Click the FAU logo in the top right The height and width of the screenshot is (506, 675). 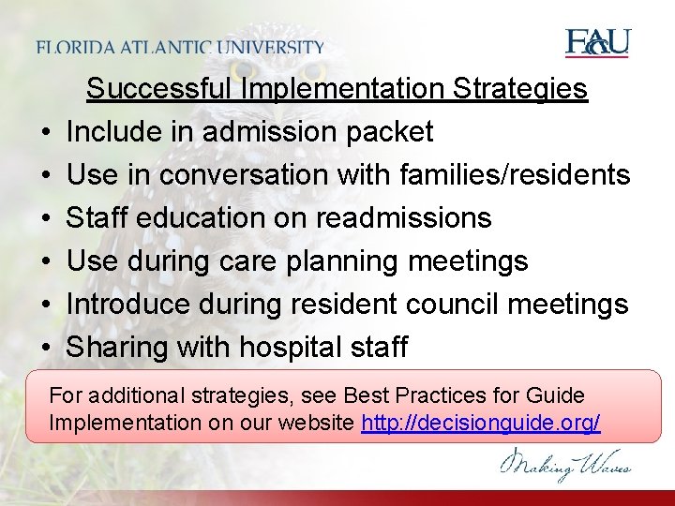(x=597, y=43)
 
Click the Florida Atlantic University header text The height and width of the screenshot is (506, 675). (x=181, y=48)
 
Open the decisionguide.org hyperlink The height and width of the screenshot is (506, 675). (x=481, y=423)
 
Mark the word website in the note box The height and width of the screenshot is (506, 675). (x=322, y=423)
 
